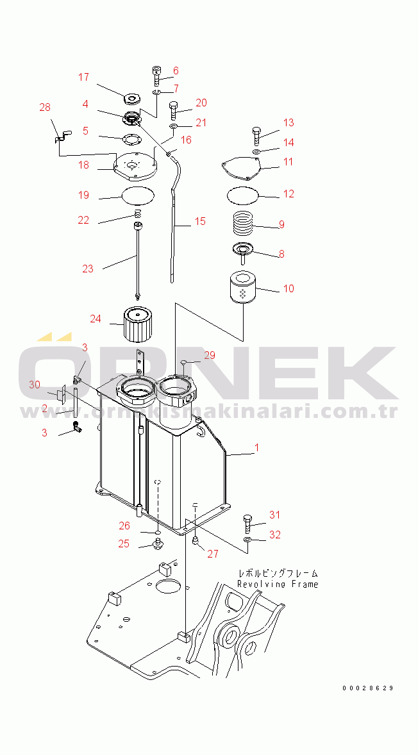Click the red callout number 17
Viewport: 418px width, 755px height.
pyautogui.click(x=83, y=77)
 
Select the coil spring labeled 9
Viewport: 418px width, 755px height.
pyautogui.click(x=243, y=223)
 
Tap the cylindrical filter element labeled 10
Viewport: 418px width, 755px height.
pyautogui.click(x=243, y=288)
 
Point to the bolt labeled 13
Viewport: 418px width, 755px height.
pyautogui.click(x=256, y=137)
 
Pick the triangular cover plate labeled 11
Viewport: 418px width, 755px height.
pyautogui.click(x=242, y=169)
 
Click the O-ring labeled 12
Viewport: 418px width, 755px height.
pyautogui.click(x=243, y=195)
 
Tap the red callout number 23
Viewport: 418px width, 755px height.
pyautogui.click(x=88, y=269)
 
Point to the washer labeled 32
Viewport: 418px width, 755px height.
pyautogui.click(x=247, y=539)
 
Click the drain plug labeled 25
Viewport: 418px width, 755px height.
pyautogui.click(x=157, y=545)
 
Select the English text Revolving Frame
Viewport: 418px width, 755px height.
pyautogui.click(x=278, y=584)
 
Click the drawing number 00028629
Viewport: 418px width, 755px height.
pyautogui.click(x=368, y=688)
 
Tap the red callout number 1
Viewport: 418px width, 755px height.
pyautogui.click(x=256, y=447)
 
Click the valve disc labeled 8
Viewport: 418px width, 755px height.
pyautogui.click(x=243, y=251)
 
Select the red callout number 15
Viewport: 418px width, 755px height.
pyautogui.click(x=200, y=221)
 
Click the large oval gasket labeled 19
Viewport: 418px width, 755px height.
pyautogui.click(x=138, y=195)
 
